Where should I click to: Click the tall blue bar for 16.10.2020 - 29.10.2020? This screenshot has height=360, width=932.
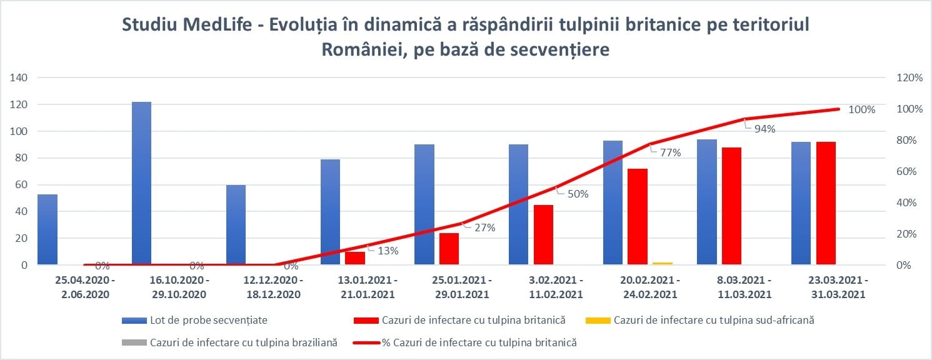(141, 183)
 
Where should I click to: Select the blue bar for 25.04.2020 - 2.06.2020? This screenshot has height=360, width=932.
(47, 229)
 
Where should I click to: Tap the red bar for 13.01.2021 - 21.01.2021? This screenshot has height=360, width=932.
(354, 258)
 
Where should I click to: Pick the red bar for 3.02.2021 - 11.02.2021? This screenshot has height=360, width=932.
(543, 234)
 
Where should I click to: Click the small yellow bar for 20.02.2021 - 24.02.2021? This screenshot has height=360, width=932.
(663, 263)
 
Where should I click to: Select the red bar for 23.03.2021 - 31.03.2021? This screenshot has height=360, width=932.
(826, 203)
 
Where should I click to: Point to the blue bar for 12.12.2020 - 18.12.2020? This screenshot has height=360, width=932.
(236, 224)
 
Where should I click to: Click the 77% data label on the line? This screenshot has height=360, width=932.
(671, 152)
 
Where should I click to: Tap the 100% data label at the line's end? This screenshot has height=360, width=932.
(862, 109)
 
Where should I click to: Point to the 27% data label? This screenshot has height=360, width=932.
(484, 227)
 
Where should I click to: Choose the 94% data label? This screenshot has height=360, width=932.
(764, 129)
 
